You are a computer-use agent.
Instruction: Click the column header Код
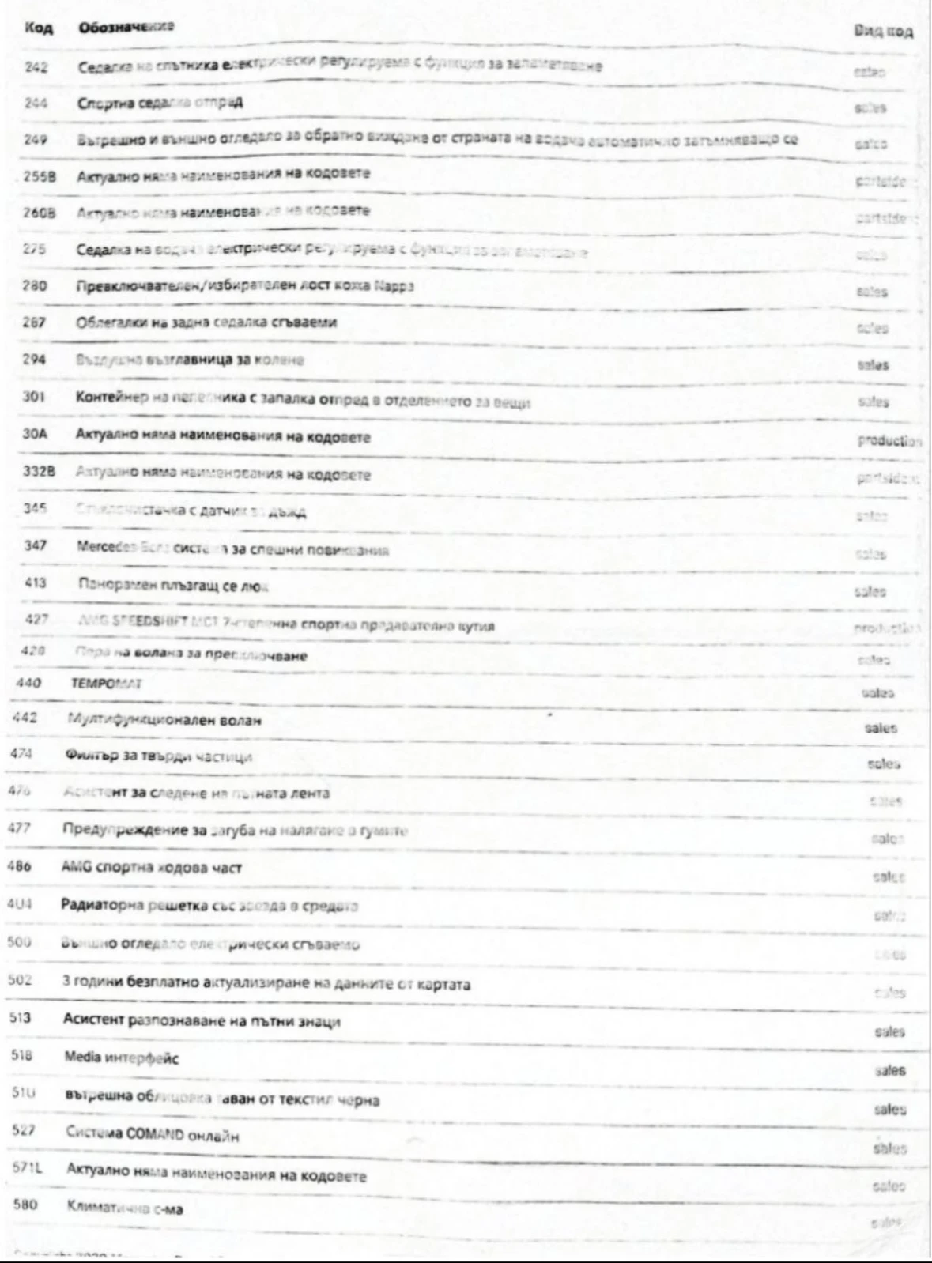coord(39,28)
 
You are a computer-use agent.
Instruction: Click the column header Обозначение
coord(126,27)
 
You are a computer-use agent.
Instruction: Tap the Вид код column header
coord(883,32)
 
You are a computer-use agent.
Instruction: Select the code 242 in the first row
coord(36,67)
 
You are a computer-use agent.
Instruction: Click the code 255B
coord(40,176)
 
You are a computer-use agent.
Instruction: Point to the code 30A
coord(36,433)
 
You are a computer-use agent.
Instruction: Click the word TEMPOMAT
coord(106,684)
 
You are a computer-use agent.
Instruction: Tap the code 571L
coord(28,1167)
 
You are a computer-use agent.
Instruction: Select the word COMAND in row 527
coord(155,1133)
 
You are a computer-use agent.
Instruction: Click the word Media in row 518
coord(82,1058)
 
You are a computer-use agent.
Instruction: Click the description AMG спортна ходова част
coord(151,868)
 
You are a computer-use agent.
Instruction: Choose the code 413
coord(36,583)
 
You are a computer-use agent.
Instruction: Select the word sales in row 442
coord(881,728)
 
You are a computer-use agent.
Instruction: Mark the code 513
coord(21,1017)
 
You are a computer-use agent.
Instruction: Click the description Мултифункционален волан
coord(164,720)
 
